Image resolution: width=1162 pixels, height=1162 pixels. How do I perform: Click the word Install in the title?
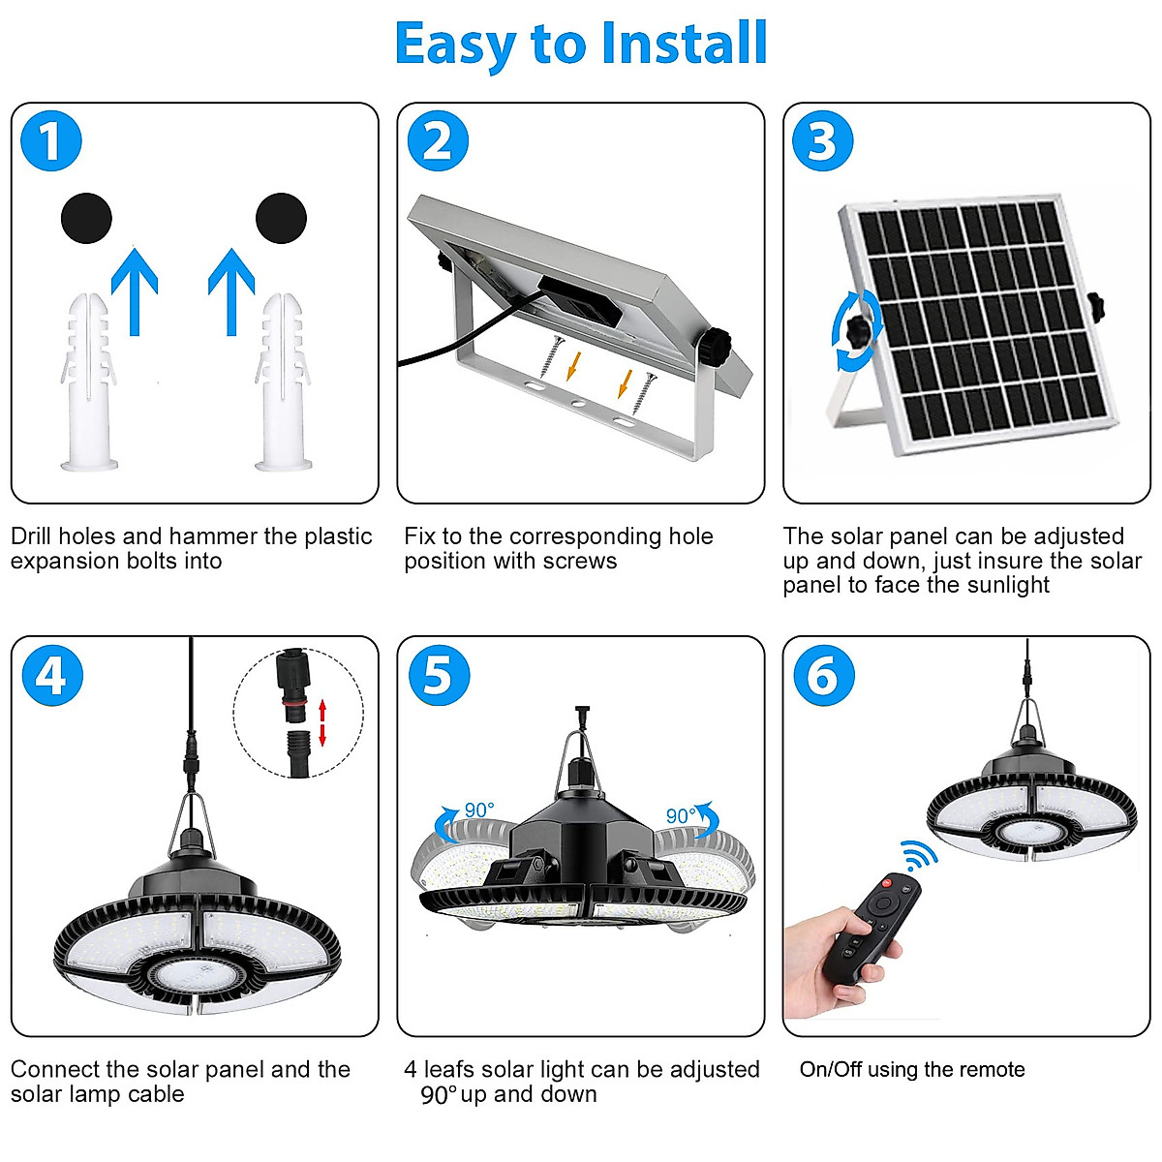pos(684,44)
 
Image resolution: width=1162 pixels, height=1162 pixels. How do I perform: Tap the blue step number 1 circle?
pos(51,142)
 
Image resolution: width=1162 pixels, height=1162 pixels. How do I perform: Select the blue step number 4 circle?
pos(51,675)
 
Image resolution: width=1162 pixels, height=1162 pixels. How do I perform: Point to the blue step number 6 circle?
pos(823,675)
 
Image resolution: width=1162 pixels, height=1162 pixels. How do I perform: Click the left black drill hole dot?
pos(86,218)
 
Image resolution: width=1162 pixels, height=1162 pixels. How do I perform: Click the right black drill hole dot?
pos(281,218)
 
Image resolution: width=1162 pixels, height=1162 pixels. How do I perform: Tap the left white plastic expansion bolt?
pos(89,382)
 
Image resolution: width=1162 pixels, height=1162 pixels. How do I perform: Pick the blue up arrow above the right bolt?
pos(231,290)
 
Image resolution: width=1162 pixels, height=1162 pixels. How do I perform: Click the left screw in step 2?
pos(554,355)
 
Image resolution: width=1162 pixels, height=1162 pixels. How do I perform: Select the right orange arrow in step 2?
pos(625,383)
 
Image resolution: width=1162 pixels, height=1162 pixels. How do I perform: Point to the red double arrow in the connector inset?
pos(323,722)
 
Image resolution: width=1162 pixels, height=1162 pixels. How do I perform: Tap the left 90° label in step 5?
pos(478,810)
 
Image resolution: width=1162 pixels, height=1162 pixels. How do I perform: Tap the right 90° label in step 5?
pos(681,815)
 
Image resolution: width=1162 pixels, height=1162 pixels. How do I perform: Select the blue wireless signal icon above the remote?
pos(918,855)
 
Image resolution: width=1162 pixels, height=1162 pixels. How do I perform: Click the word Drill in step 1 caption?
pos(36,536)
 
